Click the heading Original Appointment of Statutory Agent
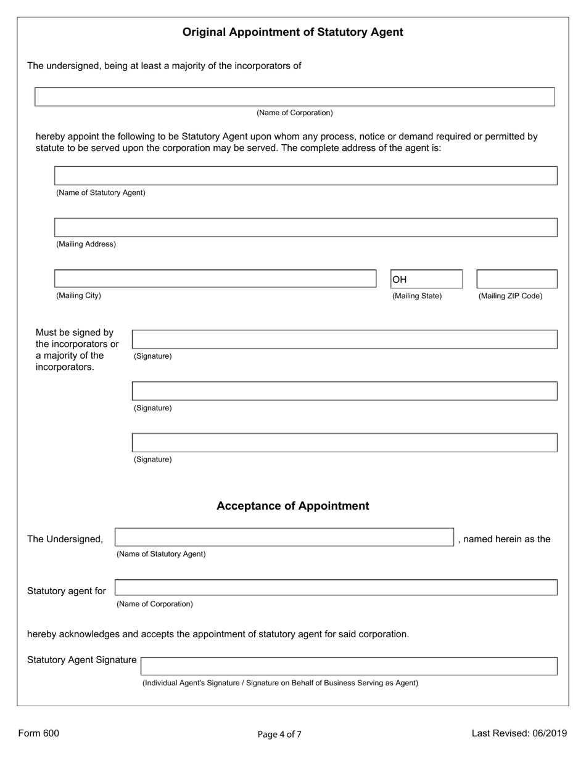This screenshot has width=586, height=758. (x=292, y=32)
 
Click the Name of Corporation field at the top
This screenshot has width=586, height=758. (x=294, y=97)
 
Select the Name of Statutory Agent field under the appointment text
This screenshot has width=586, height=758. (x=305, y=176)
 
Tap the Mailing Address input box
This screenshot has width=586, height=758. (x=305, y=227)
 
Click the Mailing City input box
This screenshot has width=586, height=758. (x=215, y=279)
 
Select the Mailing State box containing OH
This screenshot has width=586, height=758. (x=426, y=279)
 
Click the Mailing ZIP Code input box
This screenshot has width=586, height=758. (x=516, y=279)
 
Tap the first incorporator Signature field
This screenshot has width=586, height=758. (x=344, y=340)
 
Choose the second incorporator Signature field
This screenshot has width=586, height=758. (x=344, y=391)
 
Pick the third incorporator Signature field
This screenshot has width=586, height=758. (x=344, y=442)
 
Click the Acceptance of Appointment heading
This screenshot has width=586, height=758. (x=292, y=506)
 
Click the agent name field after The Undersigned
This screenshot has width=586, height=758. (x=284, y=537)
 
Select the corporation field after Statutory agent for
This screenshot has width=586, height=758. (x=336, y=587)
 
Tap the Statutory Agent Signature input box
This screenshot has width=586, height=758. (x=349, y=666)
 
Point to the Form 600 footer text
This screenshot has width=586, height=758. (x=39, y=733)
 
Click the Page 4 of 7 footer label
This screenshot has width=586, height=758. (x=279, y=734)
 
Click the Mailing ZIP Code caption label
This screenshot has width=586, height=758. (x=510, y=296)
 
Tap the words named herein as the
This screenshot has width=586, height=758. (x=504, y=539)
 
